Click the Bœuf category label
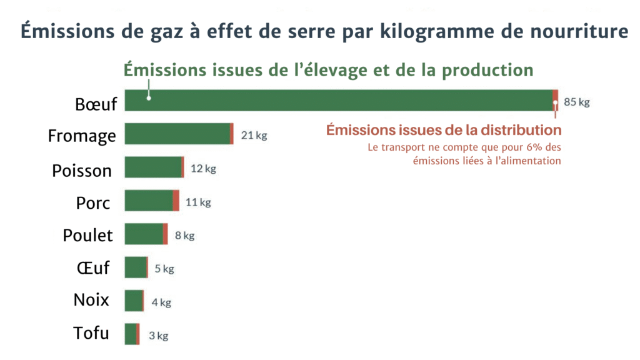[x=96, y=104]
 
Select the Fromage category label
[x=82, y=136]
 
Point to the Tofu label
[x=91, y=333]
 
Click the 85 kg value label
[x=576, y=102]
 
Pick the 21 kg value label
[x=254, y=136]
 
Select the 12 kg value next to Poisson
[x=203, y=169]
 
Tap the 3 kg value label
[x=158, y=336]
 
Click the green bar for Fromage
[x=177, y=134]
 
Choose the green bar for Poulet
[x=144, y=234]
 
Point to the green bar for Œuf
[x=135, y=267]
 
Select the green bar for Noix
[x=133, y=301]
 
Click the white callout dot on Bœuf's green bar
[x=149, y=97]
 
